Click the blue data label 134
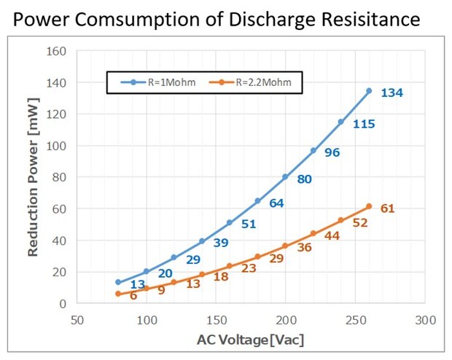[391, 93]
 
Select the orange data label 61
[387, 209]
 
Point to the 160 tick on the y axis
[56, 52]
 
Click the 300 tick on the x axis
[425, 320]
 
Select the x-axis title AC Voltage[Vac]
[250, 340]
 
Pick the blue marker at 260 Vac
[368, 91]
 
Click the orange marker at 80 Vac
[118, 294]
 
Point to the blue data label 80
[304, 179]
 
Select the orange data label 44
[332, 237]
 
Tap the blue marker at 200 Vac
[285, 177]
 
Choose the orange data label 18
[221, 277]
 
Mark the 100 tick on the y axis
[56, 146]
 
